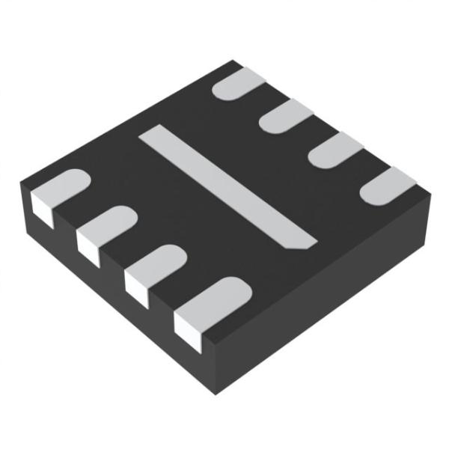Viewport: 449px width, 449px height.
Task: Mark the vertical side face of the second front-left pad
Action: [x=88, y=247]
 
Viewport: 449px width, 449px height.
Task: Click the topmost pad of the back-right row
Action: [x=239, y=82]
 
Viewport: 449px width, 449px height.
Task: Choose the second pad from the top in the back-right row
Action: [x=286, y=116]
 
